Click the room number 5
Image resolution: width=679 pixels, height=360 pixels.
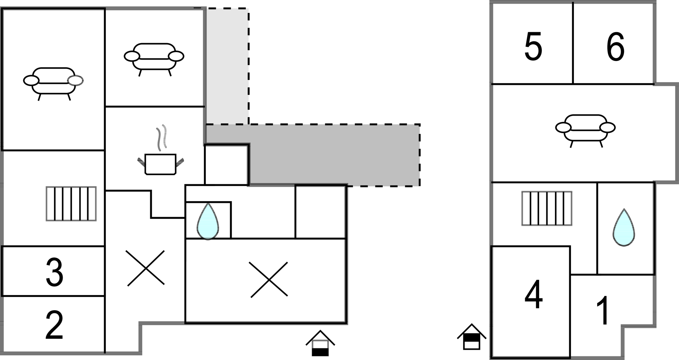(x=533, y=47)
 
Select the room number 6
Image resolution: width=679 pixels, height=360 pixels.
(x=615, y=47)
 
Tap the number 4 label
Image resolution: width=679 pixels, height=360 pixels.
(x=533, y=295)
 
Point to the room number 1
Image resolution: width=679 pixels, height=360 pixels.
(x=604, y=311)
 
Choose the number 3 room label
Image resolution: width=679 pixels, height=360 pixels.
(x=54, y=273)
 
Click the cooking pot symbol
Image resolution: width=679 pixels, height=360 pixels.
(x=160, y=164)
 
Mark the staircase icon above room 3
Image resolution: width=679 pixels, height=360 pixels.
(x=71, y=204)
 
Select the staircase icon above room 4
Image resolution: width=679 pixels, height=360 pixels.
(x=547, y=209)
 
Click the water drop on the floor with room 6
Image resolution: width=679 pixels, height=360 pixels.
(x=624, y=228)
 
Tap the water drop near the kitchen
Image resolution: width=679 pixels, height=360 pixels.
(x=208, y=221)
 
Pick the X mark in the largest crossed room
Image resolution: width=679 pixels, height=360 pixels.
(x=269, y=279)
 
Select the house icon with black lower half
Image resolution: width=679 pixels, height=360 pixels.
(x=320, y=344)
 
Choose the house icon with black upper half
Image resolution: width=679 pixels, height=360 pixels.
(x=471, y=337)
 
